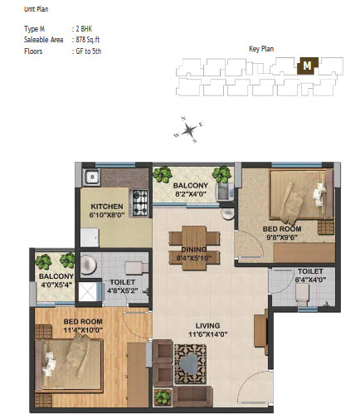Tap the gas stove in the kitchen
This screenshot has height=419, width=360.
pyautogui.click(x=139, y=202)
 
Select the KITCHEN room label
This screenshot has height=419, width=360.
pyautogui.click(x=107, y=207)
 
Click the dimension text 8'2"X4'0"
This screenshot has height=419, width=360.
pyautogui.click(x=191, y=194)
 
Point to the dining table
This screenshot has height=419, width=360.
pyautogui.click(x=194, y=248)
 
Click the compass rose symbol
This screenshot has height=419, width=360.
pyautogui.click(x=189, y=129)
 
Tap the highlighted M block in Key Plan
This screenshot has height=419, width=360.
pyautogui.click(x=307, y=66)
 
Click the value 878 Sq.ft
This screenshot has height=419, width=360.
pyautogui.click(x=87, y=40)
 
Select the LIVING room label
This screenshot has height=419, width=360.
pyautogui.click(x=207, y=325)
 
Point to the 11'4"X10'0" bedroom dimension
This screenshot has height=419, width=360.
pyautogui.click(x=83, y=330)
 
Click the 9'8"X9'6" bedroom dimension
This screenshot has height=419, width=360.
pyautogui.click(x=282, y=237)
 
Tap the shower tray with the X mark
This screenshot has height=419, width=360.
pyautogui.click(x=88, y=291)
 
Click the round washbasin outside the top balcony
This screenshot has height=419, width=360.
pyautogui.click(x=228, y=213)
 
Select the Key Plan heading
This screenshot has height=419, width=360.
pyautogui.click(x=261, y=49)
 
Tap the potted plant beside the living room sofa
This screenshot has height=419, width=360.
pyautogui.click(x=163, y=397)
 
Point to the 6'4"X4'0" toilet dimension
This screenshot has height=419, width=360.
pyautogui.click(x=310, y=280)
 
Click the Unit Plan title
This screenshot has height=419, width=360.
pyautogui.click(x=36, y=9)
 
